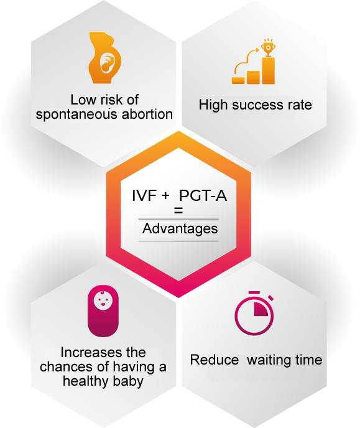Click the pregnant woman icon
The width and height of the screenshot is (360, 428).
point(104,58)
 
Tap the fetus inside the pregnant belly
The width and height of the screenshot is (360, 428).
point(107,63)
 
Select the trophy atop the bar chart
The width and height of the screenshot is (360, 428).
point(268,47)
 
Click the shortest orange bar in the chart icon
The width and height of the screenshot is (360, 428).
point(238,80)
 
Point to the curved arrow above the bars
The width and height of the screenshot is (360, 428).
point(244,60)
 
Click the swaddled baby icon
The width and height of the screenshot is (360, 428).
point(103,311)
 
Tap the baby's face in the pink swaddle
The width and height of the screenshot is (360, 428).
point(103,300)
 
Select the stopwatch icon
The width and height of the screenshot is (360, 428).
point(254,314)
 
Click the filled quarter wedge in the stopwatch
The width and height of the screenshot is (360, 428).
point(261,309)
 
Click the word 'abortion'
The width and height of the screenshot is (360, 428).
point(147,114)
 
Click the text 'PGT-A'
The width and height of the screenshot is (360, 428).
point(203,196)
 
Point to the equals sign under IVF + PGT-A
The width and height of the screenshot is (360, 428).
point(178,210)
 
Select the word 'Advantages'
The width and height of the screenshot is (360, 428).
point(180,229)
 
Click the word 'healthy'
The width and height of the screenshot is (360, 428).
point(85,381)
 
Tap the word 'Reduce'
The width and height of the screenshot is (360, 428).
point(215,360)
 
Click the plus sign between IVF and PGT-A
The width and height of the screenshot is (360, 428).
point(165,196)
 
